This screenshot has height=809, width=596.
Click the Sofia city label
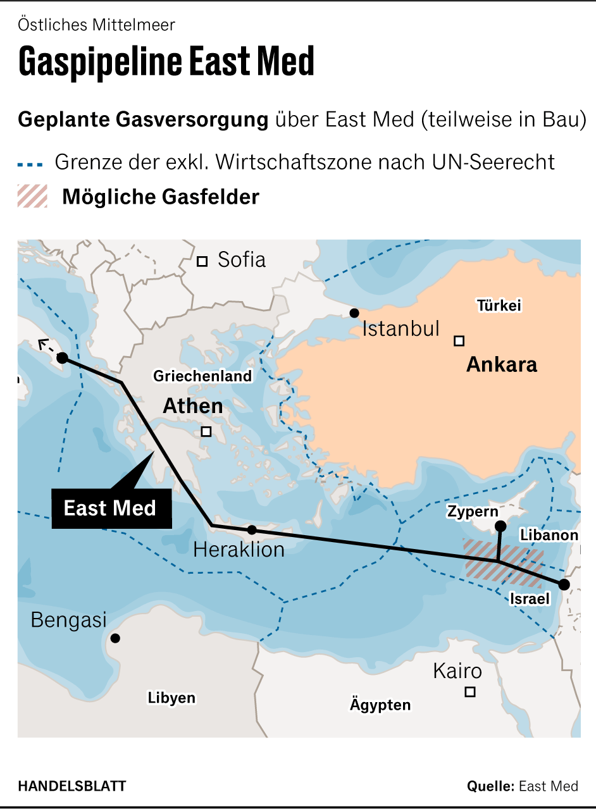click(x=241, y=260)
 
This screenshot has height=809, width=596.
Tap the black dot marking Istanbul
click(x=354, y=313)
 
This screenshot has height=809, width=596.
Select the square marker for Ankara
click(x=459, y=341)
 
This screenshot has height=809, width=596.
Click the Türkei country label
click(x=499, y=306)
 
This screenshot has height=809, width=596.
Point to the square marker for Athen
click(x=206, y=432)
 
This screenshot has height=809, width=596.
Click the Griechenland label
click(x=202, y=376)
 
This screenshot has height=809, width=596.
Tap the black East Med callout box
click(x=111, y=509)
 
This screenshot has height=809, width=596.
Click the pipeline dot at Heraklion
click(x=252, y=530)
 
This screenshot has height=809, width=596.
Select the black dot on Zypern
click(x=500, y=526)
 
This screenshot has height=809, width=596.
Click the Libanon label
click(x=549, y=535)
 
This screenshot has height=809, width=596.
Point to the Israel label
click(x=530, y=598)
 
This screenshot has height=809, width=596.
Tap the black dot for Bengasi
click(x=115, y=638)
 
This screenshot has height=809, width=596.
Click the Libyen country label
click(x=171, y=698)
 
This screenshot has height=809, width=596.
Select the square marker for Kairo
click(x=470, y=692)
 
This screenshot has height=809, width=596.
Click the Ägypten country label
click(x=380, y=705)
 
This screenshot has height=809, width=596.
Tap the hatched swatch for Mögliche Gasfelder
click(x=32, y=197)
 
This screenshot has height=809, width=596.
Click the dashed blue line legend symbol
click(x=30, y=164)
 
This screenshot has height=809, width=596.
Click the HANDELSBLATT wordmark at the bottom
click(x=72, y=786)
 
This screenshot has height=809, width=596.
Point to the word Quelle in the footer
click(x=490, y=786)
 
